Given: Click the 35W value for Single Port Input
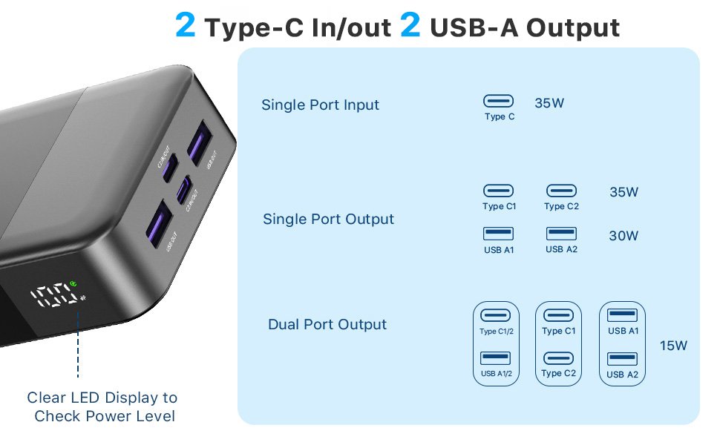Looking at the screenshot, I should tap(549, 103).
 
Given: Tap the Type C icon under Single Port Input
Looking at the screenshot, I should tap(499, 101).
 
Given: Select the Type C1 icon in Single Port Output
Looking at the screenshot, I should tap(498, 191).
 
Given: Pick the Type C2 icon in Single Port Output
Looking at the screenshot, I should tap(561, 191).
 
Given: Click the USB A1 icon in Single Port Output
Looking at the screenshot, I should tap(498, 234).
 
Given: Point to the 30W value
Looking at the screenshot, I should tap(624, 237).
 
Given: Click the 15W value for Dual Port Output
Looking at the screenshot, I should tap(673, 346).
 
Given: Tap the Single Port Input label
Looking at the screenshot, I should tap(320, 105).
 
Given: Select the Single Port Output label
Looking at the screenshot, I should tap(328, 220).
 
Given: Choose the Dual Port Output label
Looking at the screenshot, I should tap(327, 324).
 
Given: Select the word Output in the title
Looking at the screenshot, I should tap(572, 27).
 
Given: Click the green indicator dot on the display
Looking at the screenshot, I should tap(74, 283).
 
